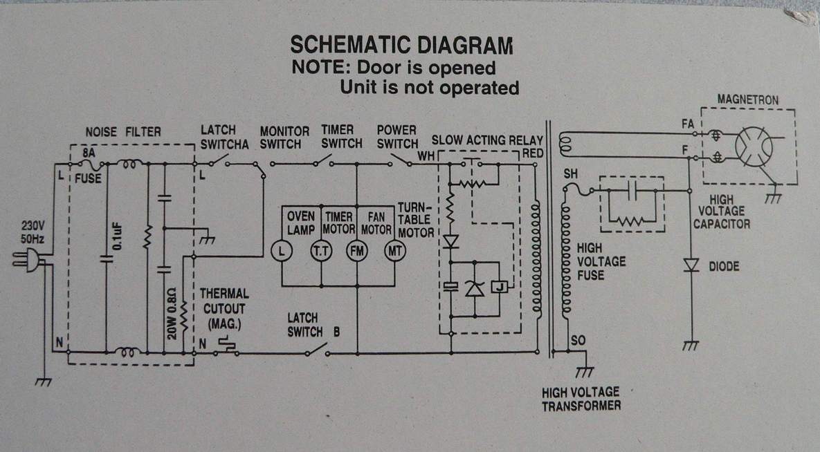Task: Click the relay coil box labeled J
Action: (x=500, y=286)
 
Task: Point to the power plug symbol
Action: (x=25, y=260)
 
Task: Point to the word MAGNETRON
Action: (x=747, y=100)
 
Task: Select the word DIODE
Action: (x=725, y=266)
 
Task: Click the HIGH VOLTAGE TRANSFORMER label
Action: (x=581, y=399)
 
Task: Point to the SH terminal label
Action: (x=570, y=173)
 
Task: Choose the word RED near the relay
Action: (x=534, y=153)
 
